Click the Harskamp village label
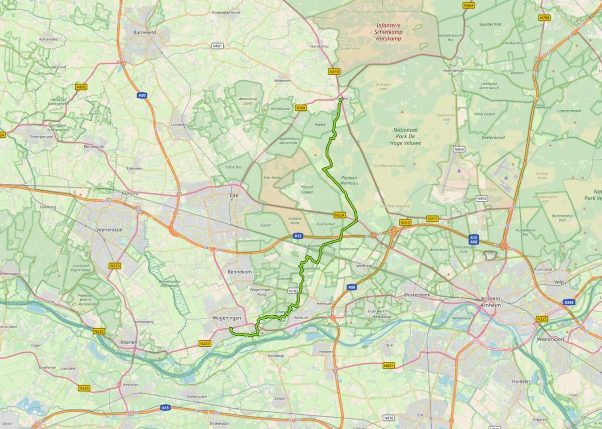pos(320,46)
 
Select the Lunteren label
pos(179,124)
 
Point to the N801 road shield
pos(217,46)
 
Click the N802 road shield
pos(81,87)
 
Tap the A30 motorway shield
pos(142,95)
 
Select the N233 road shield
pos(115,266)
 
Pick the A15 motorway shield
pos(166,408)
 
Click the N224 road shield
pos(340,215)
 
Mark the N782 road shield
pos(294,291)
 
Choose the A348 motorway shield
pos(568,303)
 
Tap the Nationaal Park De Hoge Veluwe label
pos(405,136)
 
